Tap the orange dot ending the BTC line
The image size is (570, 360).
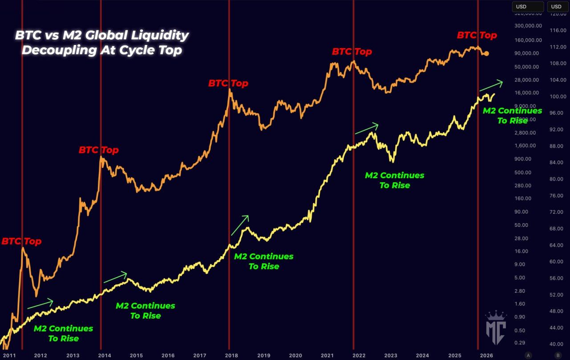[486, 53]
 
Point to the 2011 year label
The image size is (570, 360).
[9, 355]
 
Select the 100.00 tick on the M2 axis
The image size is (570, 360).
[558, 96]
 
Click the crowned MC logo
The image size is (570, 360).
[495, 327]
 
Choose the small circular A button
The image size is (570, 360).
[528, 355]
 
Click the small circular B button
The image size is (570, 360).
[557, 355]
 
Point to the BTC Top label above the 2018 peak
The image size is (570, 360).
[228, 83]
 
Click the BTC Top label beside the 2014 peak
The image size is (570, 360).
[98, 150]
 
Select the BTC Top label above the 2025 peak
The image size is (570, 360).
[476, 35]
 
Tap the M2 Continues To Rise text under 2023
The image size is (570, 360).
[395, 180]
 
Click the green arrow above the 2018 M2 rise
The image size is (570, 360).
[240, 225]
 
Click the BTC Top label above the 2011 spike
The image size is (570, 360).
[21, 241]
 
